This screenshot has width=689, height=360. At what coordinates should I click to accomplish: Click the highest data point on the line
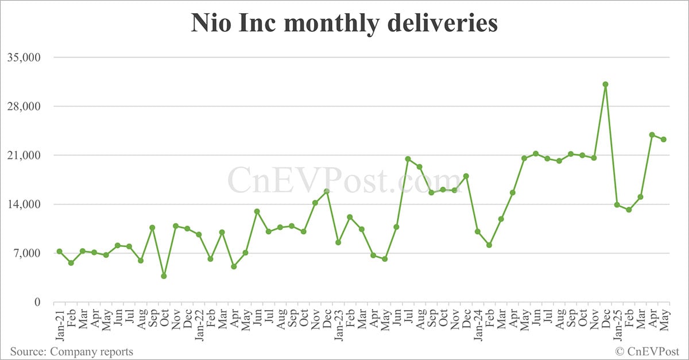click(x=605, y=84)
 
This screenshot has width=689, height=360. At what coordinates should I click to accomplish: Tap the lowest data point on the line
click(x=164, y=276)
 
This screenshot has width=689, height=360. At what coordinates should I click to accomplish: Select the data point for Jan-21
click(x=59, y=251)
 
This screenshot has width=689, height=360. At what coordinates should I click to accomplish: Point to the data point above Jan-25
click(x=617, y=205)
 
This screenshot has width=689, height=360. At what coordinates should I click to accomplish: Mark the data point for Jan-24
click(x=477, y=231)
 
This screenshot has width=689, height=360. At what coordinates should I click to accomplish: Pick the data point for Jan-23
click(x=338, y=242)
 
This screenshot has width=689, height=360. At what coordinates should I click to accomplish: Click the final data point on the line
click(x=663, y=140)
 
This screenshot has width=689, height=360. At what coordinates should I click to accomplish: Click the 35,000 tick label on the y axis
click(x=22, y=57)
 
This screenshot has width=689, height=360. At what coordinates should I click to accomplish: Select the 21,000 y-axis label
click(x=22, y=156)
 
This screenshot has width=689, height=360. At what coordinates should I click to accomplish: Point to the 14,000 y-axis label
click(x=22, y=204)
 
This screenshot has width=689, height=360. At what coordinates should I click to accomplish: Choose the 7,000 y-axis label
click(x=25, y=253)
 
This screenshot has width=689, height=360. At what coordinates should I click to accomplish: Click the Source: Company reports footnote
click(x=71, y=351)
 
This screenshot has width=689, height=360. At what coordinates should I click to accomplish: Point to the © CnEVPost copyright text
click(x=648, y=351)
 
